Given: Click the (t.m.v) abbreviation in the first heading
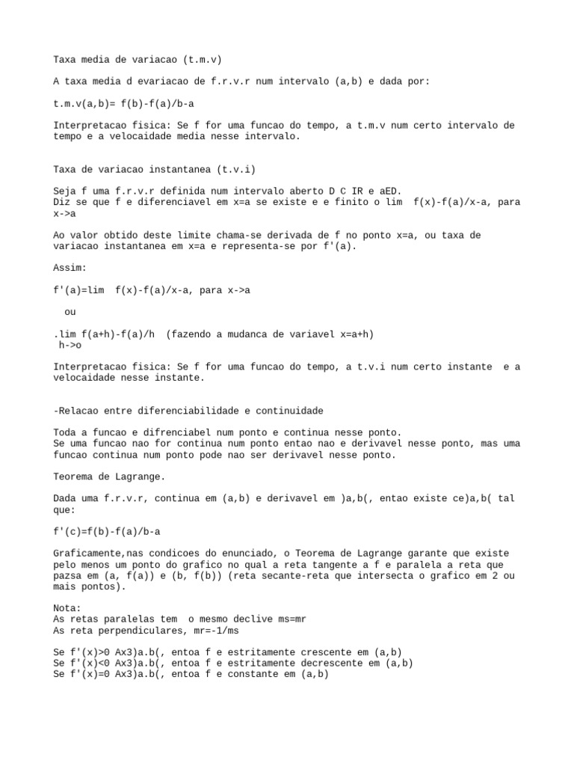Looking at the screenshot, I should click(x=201, y=59).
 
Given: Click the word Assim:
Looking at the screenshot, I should click(x=71, y=268).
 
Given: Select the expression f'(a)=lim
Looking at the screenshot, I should click(x=79, y=289).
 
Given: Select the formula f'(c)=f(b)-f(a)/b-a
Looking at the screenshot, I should click(x=107, y=531).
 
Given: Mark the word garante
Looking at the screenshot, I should click(x=408, y=554).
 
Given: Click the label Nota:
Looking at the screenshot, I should click(x=68, y=608).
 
